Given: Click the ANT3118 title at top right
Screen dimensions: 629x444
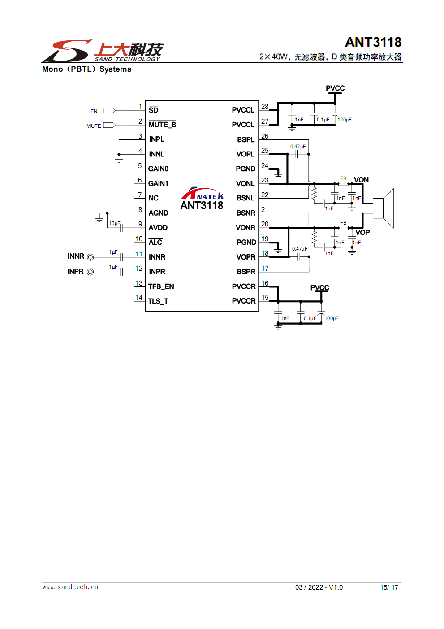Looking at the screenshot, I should click(x=373, y=42).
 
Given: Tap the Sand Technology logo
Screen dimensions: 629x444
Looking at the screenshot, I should click(x=103, y=51).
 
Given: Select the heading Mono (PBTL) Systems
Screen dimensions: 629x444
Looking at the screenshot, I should click(x=86, y=69).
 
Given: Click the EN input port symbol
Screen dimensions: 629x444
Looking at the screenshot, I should click(x=109, y=110).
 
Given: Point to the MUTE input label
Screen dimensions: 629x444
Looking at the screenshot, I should click(x=94, y=126).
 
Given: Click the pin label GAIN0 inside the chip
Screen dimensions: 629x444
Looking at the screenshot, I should click(x=159, y=169).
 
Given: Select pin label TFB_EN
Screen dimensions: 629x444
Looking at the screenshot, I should click(x=161, y=286).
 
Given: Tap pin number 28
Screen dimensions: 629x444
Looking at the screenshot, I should click(x=265, y=107).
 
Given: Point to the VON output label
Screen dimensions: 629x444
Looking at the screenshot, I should click(x=361, y=180).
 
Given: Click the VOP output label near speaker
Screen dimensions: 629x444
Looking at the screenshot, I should click(x=362, y=232).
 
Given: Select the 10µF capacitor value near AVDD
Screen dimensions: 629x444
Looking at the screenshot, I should click(x=115, y=223).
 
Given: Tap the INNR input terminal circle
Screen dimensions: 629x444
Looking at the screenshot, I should click(x=91, y=257).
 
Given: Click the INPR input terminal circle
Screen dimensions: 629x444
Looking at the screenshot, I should click(x=91, y=272).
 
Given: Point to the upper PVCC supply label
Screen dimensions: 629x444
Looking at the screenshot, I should click(x=335, y=88).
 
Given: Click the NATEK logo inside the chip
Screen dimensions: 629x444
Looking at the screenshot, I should click(x=203, y=194).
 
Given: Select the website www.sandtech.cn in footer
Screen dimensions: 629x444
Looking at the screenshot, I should click(x=70, y=587).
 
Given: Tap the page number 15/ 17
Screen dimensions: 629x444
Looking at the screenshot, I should click(x=389, y=587).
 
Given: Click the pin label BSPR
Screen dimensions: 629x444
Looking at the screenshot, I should click(x=246, y=272).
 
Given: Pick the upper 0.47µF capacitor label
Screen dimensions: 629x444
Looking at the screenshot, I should click(x=298, y=147).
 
